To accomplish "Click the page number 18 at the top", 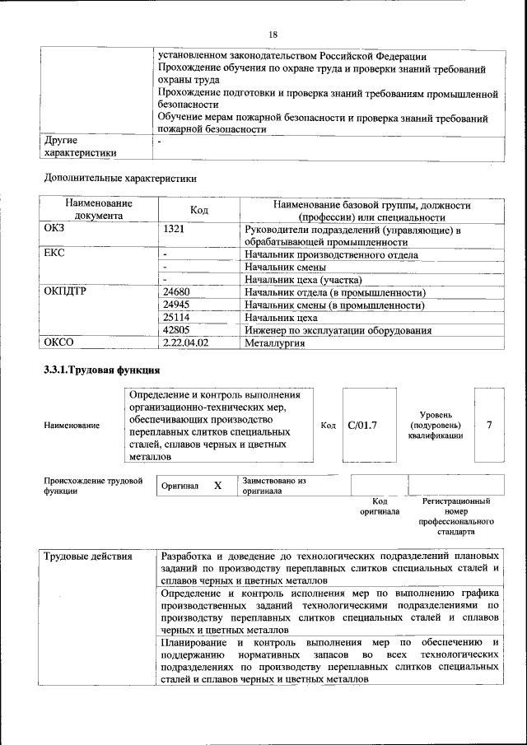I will point(273,34).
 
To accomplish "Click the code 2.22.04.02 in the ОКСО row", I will point(186,342).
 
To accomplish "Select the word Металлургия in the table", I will point(275,343).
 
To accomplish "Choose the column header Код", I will point(198,210).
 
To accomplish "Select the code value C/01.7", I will point(362,425).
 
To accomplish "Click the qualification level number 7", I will point(490,425).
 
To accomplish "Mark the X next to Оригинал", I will point(218,486).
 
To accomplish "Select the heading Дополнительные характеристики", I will point(119,176).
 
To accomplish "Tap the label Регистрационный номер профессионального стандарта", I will point(455,516).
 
